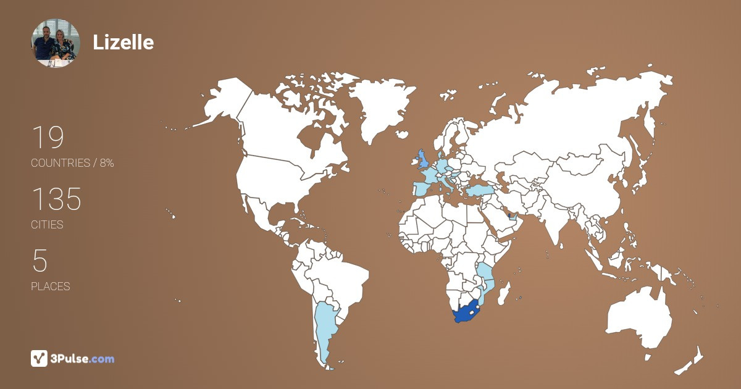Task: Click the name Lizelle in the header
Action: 123,42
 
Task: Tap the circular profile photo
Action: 56,43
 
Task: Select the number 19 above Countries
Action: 48,138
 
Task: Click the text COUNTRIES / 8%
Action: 72,163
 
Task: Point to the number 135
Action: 56,200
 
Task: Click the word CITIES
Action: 47,225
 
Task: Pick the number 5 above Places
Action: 40,262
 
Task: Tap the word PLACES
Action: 50,287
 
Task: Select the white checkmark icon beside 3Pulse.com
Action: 39,358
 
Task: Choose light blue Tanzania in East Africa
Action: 485,272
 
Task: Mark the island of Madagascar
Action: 504,290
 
